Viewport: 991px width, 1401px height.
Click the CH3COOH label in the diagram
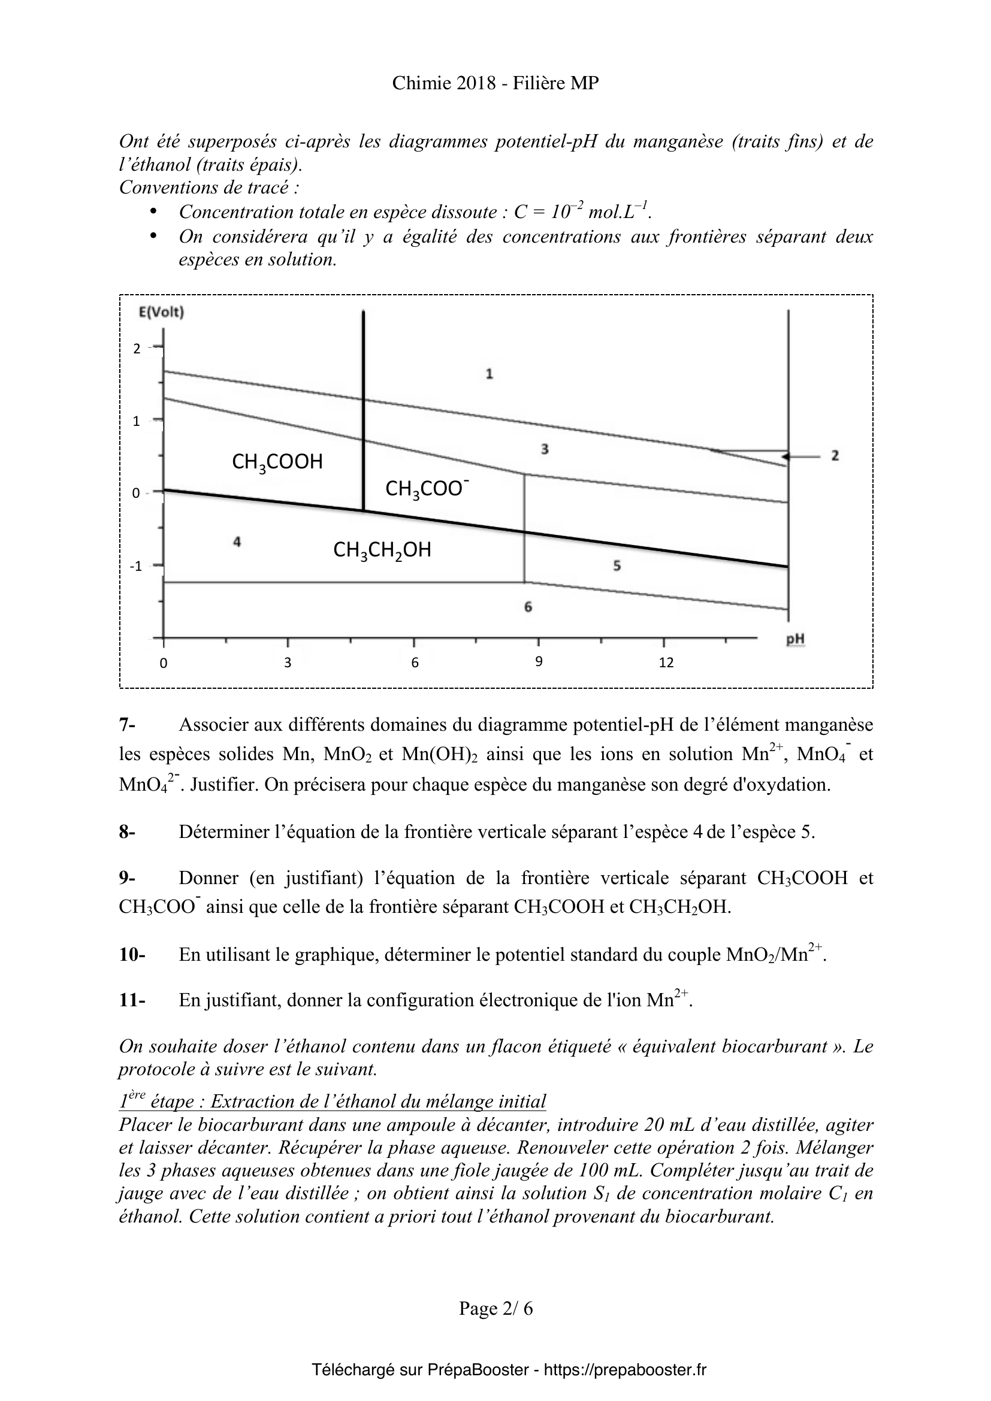(277, 462)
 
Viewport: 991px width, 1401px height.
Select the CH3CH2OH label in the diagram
(382, 550)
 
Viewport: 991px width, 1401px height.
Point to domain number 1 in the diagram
(490, 374)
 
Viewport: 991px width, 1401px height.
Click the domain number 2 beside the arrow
(835, 455)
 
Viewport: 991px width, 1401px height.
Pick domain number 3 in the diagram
(545, 450)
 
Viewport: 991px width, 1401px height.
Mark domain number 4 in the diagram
(237, 541)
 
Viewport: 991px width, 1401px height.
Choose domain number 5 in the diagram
(617, 566)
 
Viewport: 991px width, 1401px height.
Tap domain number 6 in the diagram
(528, 607)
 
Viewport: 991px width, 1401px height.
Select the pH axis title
(795, 639)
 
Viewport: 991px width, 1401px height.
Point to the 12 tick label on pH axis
(666, 662)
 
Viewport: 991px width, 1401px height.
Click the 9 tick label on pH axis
(539, 661)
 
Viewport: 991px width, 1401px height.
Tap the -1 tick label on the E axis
(135, 566)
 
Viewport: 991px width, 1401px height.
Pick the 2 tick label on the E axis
(137, 349)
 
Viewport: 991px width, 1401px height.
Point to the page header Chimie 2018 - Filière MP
(495, 84)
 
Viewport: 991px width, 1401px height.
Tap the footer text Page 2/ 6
(496, 1308)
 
